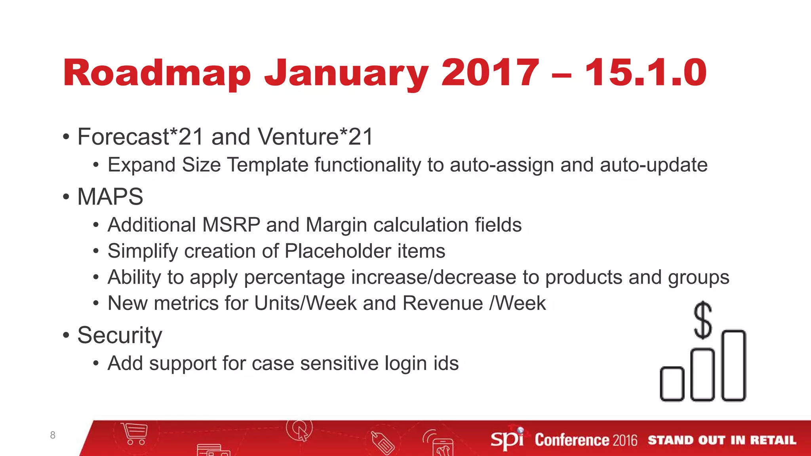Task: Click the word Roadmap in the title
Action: click(x=157, y=73)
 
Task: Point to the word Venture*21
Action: click(x=315, y=137)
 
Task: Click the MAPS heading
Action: click(x=110, y=197)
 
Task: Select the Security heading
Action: click(x=120, y=336)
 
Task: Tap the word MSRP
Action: click(x=231, y=225)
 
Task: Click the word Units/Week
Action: click(x=305, y=303)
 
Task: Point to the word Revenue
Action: click(x=443, y=303)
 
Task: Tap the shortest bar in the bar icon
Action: click(x=672, y=384)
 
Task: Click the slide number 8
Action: click(x=53, y=435)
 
